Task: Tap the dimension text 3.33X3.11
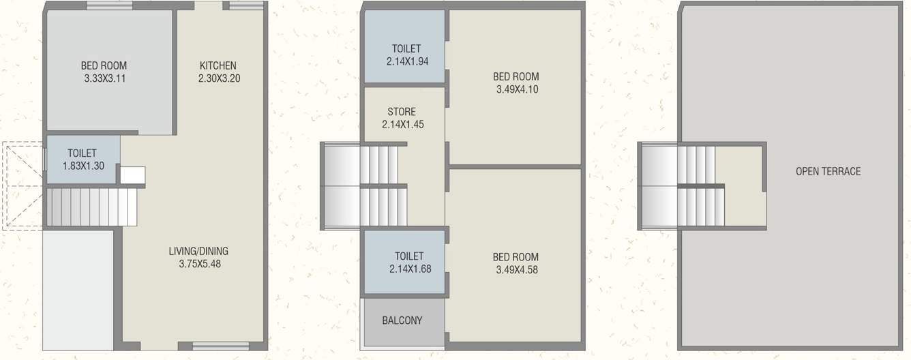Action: click(104, 78)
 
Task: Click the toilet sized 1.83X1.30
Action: click(82, 160)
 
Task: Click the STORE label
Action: click(402, 112)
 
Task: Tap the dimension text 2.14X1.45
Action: click(402, 125)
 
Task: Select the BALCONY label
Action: click(402, 320)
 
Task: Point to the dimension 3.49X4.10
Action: click(516, 89)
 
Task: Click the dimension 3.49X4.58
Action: click(516, 270)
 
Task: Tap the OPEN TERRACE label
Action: click(828, 171)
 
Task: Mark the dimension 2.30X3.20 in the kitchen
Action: click(220, 78)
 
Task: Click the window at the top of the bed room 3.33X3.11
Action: click(109, 6)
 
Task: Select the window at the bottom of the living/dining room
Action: click(211, 345)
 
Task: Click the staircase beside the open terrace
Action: click(683, 185)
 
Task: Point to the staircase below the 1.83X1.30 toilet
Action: click(92, 207)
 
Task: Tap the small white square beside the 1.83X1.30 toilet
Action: click(132, 175)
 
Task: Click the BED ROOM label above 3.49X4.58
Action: click(516, 257)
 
